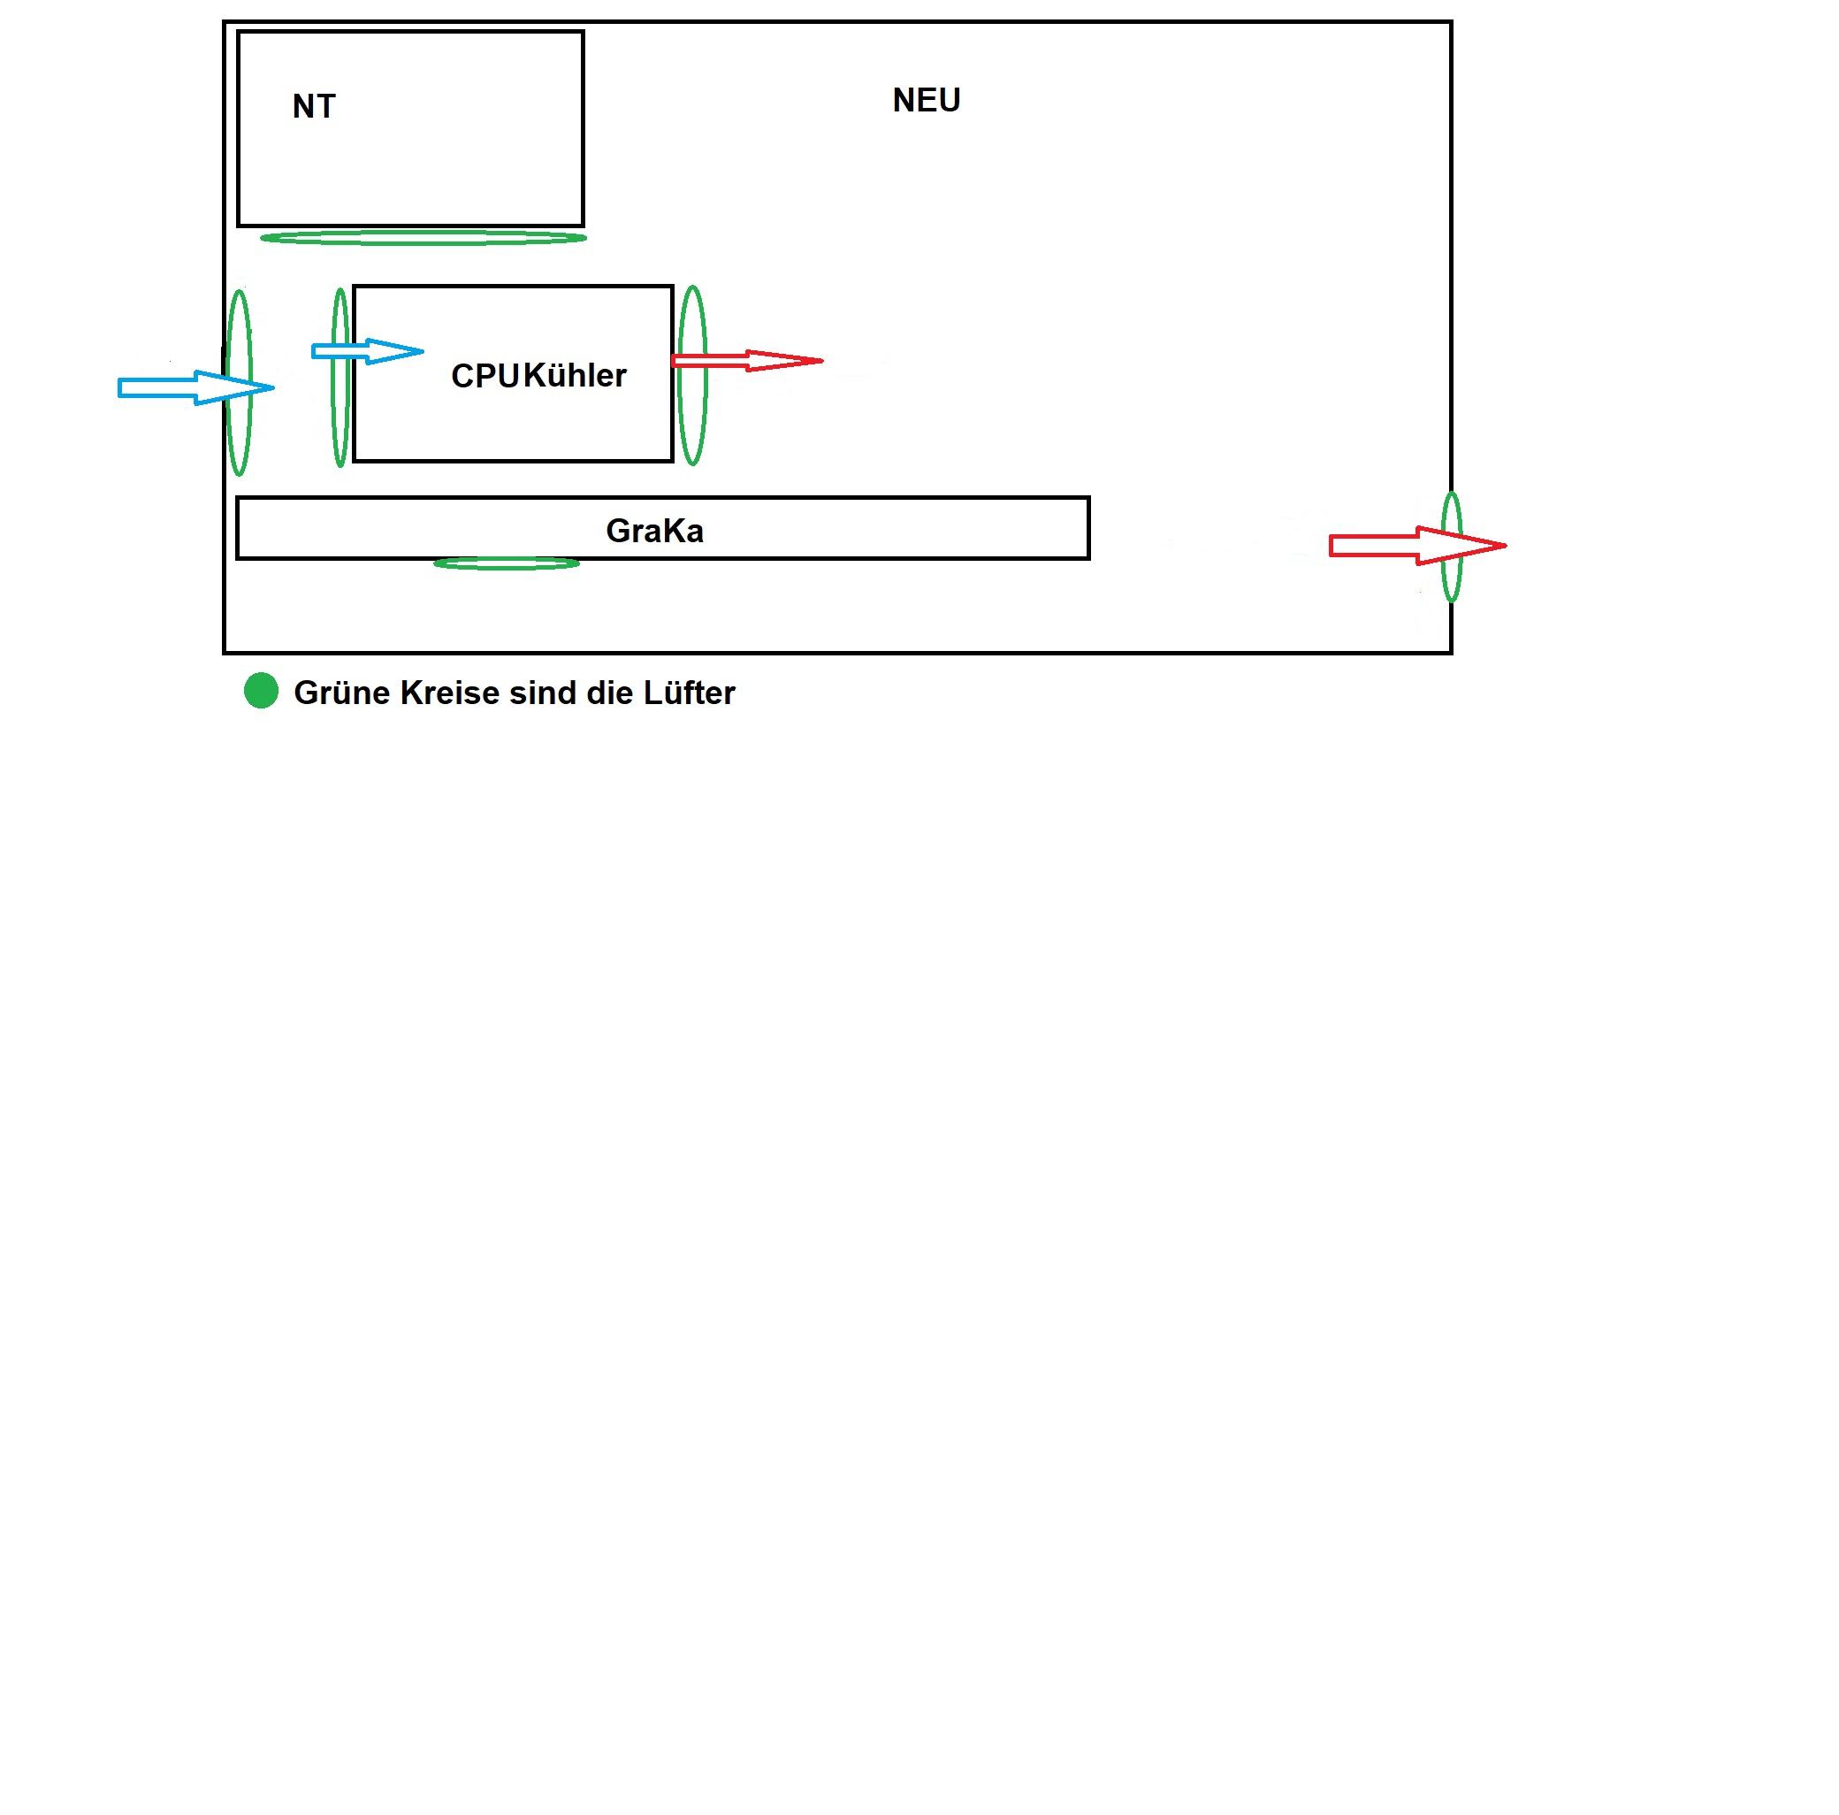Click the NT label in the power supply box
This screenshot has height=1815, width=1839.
313,106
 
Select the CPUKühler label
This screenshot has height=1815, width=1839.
538,376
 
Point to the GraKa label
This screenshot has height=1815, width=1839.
654,532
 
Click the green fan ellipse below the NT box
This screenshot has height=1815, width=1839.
423,237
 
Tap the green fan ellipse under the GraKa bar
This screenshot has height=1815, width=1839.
506,563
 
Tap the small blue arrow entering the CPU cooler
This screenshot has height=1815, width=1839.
366,351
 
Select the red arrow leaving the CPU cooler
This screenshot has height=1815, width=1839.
746,361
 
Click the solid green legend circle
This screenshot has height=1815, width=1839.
261,691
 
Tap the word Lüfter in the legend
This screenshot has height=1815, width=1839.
688,693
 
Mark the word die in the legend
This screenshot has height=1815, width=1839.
609,693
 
